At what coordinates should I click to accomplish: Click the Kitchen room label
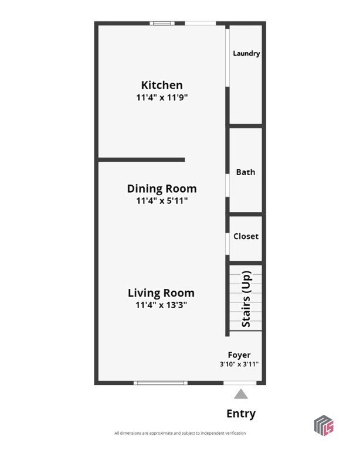point(162,85)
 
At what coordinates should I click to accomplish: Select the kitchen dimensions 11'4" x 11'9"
point(162,97)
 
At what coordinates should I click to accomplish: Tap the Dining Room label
point(162,189)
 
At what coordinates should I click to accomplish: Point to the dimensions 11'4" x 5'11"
point(162,200)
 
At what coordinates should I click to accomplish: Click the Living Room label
point(161,293)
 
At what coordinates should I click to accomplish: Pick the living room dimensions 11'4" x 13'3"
point(161,305)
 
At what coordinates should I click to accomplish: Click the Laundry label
point(246,53)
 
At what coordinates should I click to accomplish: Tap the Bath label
point(246,172)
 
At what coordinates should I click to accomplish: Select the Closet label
point(246,236)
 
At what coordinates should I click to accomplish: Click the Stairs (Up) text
point(246,299)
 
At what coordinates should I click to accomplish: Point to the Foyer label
point(239,355)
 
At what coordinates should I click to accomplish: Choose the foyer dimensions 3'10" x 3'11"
point(239,364)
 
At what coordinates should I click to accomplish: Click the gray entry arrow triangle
point(241,394)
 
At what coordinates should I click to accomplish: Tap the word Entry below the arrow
point(241,414)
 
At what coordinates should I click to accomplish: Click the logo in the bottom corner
point(324,425)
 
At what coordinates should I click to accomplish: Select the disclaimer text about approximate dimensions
point(180,433)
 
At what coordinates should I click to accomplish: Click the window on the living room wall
point(161,383)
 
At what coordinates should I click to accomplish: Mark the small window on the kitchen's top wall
point(162,23)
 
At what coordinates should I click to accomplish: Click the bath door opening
point(227,185)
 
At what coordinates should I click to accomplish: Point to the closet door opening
point(227,244)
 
